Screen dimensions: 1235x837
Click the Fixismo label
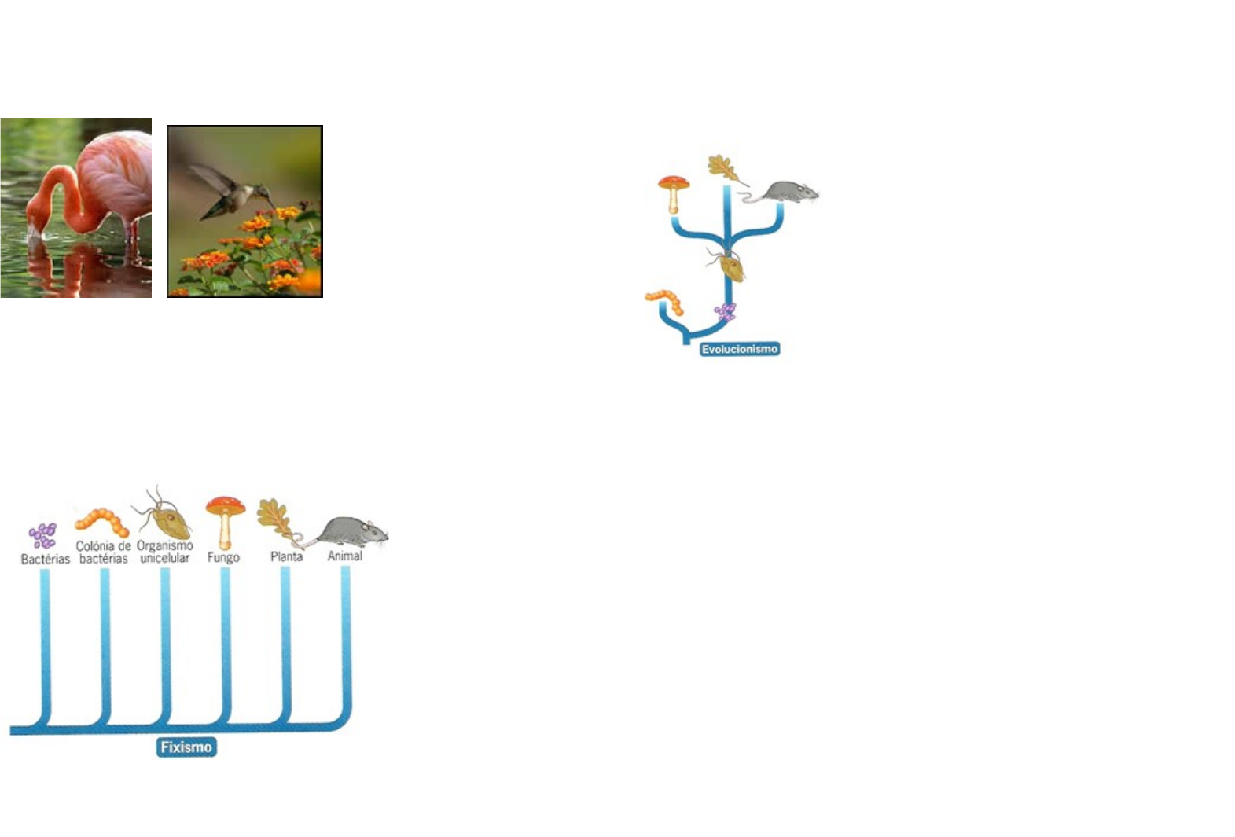tap(186, 747)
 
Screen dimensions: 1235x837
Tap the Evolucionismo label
tap(739, 349)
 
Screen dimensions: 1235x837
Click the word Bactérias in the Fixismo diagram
tap(45, 559)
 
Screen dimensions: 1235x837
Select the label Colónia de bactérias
tap(103, 552)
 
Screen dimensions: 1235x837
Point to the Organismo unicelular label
tap(165, 552)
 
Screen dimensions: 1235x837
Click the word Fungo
tap(223, 557)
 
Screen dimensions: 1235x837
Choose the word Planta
tap(286, 556)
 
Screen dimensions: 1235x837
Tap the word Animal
tap(344, 556)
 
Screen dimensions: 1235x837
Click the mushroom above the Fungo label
tap(226, 519)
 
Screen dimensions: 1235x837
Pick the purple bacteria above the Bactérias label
tap(43, 536)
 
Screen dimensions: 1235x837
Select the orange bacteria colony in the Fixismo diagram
tap(102, 521)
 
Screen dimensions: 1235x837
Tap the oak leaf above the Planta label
tap(275, 519)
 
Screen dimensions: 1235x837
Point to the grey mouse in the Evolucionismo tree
tap(788, 192)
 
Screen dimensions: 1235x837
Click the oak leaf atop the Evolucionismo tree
tap(723, 168)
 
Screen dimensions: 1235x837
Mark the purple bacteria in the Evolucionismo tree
tap(726, 312)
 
